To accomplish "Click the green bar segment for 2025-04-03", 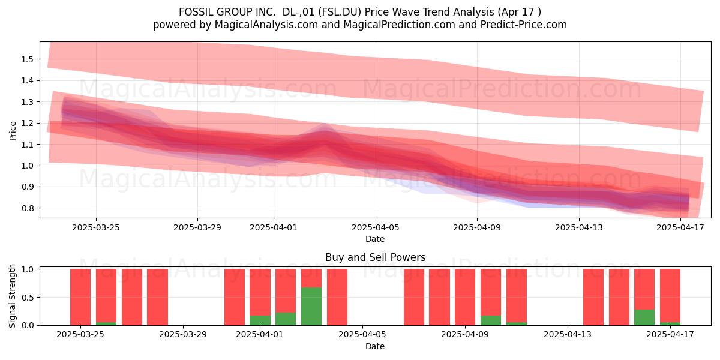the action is [311, 306].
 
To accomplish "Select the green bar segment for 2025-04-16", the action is [644, 317].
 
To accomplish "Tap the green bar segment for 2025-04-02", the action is [286, 319].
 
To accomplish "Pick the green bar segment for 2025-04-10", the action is [491, 320].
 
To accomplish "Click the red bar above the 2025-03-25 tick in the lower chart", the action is [80, 297].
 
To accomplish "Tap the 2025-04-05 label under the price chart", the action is [375, 227].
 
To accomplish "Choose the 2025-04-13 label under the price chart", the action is [579, 227].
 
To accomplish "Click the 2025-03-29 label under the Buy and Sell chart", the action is [183, 335].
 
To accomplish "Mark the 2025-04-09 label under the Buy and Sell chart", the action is [465, 335].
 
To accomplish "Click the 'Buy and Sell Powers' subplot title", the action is [375, 257].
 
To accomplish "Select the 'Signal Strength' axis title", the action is [12, 296].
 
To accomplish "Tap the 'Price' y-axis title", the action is [13, 131].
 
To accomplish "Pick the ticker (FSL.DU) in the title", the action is [340, 12].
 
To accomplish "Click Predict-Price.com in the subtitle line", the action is [524, 25].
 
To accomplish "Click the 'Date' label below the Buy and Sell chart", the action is [375, 346].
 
